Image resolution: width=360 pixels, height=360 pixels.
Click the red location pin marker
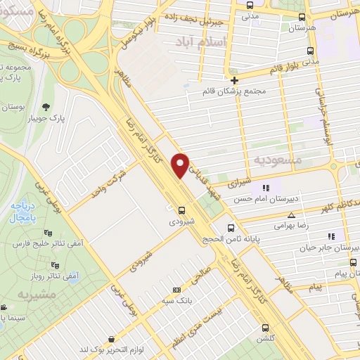(181, 165)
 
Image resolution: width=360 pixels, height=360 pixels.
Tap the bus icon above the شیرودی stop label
(182, 210)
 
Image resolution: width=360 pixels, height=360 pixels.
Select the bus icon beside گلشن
(265, 327)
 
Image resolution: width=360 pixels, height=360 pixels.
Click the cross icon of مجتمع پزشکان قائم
(234, 80)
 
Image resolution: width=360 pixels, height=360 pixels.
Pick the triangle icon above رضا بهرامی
(291, 216)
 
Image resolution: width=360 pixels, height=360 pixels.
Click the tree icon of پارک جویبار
(46, 108)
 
